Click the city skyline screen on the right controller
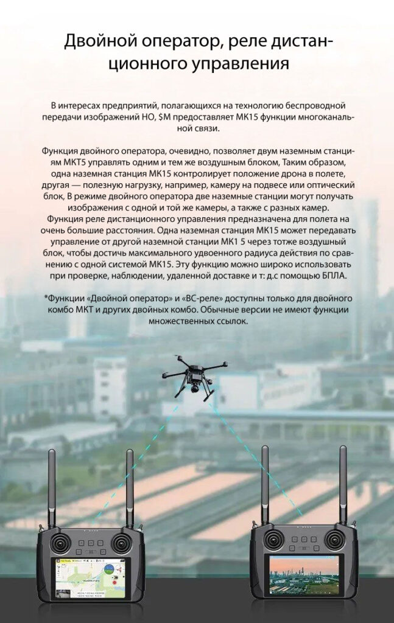click(x=304, y=575)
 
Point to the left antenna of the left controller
click(x=52, y=487)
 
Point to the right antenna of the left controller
click(x=130, y=487)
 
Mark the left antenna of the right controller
click(x=265, y=484)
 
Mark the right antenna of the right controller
click(x=343, y=484)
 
